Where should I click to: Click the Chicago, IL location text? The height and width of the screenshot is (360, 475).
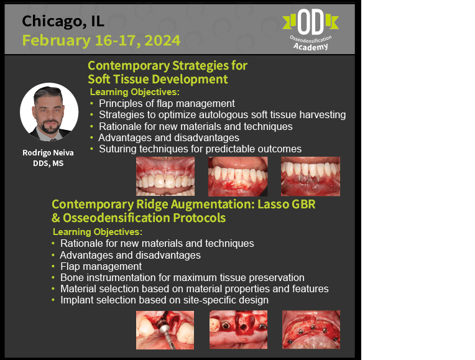[x=63, y=22]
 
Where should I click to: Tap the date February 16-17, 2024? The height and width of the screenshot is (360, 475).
[x=101, y=40]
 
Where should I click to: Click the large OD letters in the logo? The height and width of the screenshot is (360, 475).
[x=310, y=22]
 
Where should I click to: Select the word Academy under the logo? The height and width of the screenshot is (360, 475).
[x=310, y=47]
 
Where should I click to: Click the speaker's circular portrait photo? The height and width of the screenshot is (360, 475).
[x=49, y=112]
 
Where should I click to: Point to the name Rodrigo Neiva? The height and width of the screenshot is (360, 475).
[x=48, y=153]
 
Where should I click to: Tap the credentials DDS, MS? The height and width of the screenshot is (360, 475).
[x=48, y=164]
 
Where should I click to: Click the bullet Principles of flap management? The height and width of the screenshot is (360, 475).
[x=167, y=104]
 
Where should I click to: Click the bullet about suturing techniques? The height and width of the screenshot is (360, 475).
[x=200, y=149]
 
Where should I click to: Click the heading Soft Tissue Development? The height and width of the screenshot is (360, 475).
[x=157, y=80]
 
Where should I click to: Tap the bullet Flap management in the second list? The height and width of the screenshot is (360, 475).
[x=101, y=266]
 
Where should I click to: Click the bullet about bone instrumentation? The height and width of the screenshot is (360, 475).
[x=182, y=277]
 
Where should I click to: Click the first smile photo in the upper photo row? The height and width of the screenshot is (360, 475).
[x=165, y=177]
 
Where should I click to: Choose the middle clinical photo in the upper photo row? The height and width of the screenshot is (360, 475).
[x=237, y=177]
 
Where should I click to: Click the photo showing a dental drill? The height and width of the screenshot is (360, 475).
[x=165, y=330]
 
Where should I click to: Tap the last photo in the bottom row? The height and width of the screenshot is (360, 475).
[x=311, y=330]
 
